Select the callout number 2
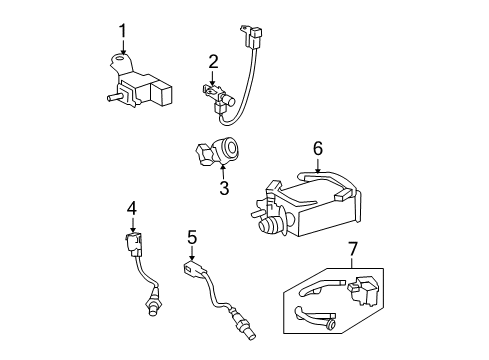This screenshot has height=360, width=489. click(213, 63)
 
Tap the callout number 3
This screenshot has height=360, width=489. click(224, 188)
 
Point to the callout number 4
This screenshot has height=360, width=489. click(131, 208)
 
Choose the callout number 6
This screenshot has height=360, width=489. click(317, 147)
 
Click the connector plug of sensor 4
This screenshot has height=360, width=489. click(131, 242)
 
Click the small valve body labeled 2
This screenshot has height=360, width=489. click(214, 98)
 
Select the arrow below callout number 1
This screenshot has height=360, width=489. click(123, 48)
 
